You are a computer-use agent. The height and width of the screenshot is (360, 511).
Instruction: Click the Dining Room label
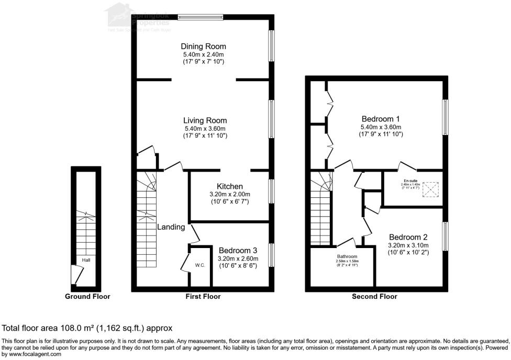click(204, 47)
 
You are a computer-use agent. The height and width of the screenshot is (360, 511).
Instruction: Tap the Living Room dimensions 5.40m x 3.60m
click(204, 129)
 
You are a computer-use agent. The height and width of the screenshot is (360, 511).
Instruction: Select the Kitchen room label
click(230, 186)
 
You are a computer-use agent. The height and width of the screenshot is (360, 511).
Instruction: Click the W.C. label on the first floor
click(199, 265)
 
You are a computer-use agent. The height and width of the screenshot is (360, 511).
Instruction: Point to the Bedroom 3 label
click(237, 250)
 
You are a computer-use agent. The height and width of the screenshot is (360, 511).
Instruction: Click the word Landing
click(171, 227)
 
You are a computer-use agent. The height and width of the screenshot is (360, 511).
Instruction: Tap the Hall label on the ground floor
click(85, 259)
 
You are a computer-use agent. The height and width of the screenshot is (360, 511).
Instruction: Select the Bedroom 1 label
click(381, 119)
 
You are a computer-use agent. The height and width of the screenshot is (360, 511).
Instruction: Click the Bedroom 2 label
click(408, 237)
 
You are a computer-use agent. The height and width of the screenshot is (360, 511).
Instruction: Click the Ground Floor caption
click(87, 297)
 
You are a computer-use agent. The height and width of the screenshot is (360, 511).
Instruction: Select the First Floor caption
click(203, 297)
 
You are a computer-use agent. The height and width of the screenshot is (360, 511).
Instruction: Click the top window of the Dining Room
click(200, 17)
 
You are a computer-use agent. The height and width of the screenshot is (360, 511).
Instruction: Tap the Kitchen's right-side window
click(271, 192)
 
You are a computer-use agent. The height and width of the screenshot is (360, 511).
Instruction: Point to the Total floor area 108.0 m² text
click(87, 329)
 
